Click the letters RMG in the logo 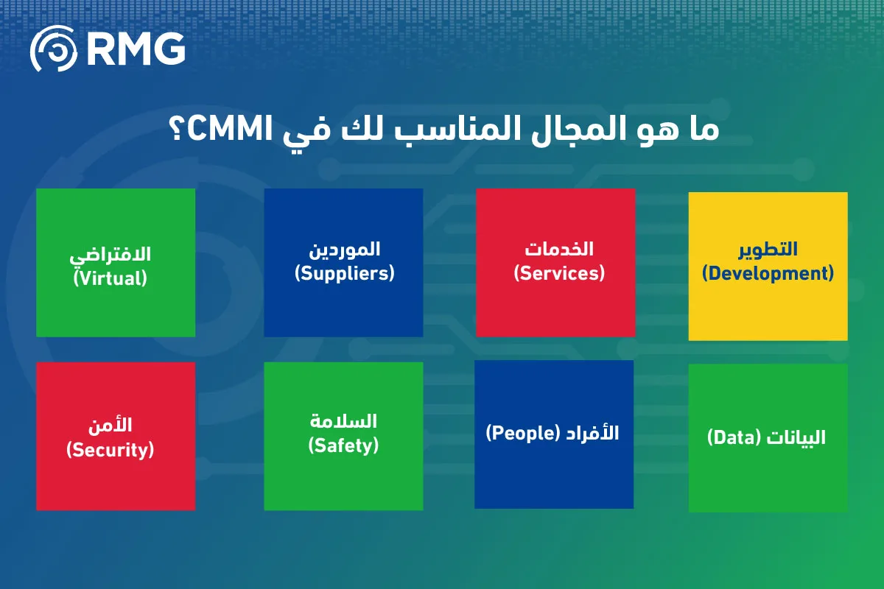click(136, 49)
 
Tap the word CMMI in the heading click(230, 129)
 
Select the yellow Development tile click(768, 267)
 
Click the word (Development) click(768, 274)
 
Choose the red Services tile click(555, 262)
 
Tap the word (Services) click(559, 273)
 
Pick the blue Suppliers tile click(343, 262)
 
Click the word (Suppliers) click(345, 273)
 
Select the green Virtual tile click(116, 262)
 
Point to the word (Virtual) click(110, 278)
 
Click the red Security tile click(116, 437)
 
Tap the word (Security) click(110, 450)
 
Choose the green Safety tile click(343, 437)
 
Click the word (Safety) click(343, 445)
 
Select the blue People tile click(554, 434)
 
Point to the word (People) click(523, 433)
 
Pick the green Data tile click(768, 438)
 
